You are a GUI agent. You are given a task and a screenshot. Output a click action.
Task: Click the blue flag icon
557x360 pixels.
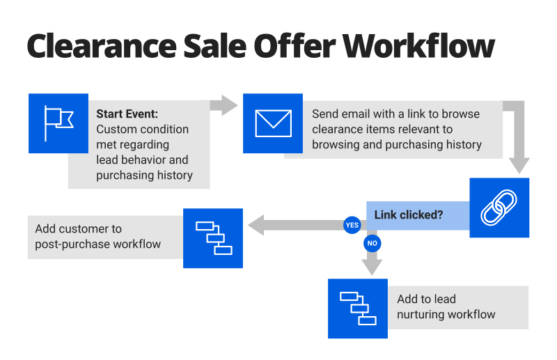tap(58, 123)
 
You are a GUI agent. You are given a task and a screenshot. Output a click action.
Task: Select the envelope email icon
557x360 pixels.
tap(273, 123)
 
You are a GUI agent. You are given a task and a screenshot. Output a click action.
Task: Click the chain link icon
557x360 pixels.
tap(499, 208)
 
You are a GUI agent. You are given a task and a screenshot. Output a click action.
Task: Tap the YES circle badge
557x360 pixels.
tap(352, 225)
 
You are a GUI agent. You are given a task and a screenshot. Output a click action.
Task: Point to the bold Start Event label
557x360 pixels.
tap(127, 114)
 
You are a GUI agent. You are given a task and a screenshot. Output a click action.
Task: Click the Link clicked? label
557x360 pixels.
tap(409, 214)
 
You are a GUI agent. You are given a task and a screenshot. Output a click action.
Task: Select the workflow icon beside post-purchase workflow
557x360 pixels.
tap(213, 237)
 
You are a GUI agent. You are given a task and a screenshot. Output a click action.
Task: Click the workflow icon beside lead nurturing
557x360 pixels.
tap(358, 308)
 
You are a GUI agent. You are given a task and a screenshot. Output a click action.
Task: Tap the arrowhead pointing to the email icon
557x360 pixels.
tap(230, 105)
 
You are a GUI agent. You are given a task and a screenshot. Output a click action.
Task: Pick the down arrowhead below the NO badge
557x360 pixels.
tap(372, 267)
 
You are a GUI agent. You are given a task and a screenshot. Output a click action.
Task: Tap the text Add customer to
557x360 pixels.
tap(79, 228)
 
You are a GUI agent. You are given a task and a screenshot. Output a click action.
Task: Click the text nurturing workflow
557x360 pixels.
tap(446, 314)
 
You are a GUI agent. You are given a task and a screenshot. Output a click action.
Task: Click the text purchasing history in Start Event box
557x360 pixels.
tap(144, 175)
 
